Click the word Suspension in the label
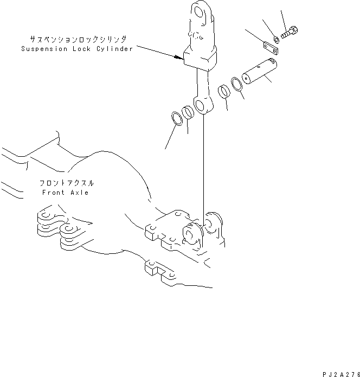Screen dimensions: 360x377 point(44,49)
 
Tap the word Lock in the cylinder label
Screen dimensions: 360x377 point(82,49)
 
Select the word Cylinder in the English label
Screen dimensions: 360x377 point(114,49)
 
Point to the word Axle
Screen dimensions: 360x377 point(80,193)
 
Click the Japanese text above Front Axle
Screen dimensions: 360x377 point(66,183)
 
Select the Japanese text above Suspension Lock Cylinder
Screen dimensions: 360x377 point(78,39)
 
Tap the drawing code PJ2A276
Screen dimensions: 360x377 point(341,374)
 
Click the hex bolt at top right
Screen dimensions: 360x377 point(290,33)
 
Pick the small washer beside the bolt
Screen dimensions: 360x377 point(277,40)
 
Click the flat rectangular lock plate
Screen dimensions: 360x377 point(271,49)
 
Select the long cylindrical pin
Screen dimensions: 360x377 point(259,71)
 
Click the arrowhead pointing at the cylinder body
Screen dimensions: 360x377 point(179,57)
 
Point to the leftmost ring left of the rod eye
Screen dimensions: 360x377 point(177,119)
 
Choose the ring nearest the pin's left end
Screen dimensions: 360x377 point(237,85)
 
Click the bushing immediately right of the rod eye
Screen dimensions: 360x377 point(224,92)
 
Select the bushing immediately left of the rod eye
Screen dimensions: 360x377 point(188,112)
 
